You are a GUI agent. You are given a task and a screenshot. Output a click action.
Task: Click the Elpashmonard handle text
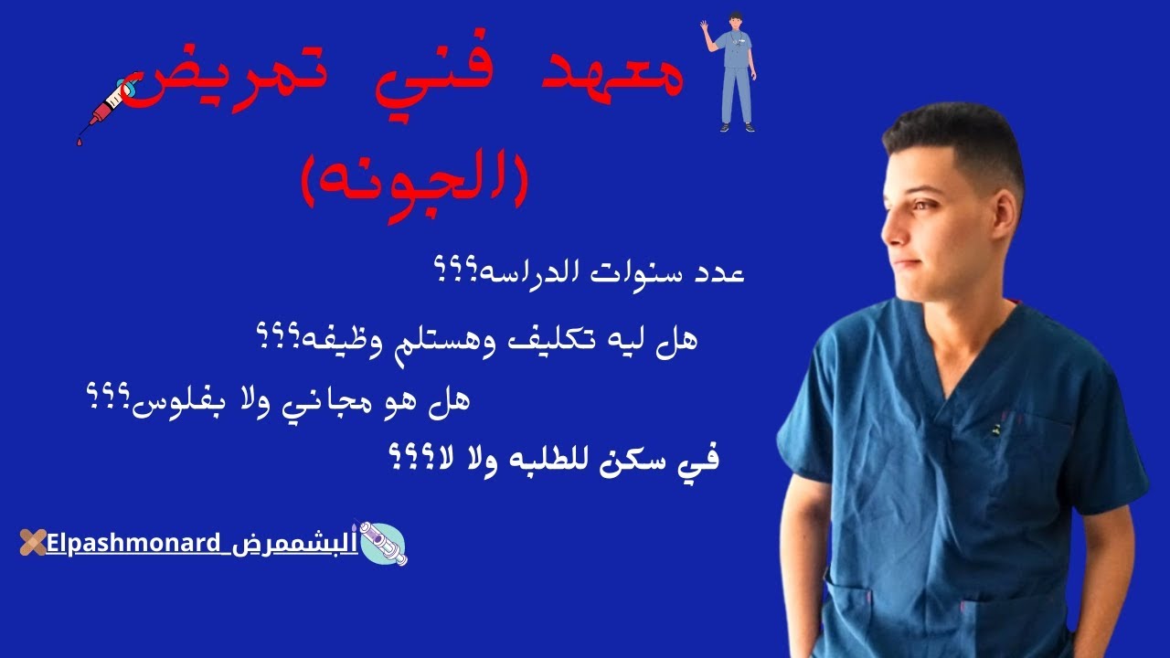[x=133, y=544]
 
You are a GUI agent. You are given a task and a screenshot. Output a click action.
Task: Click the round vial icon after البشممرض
[x=384, y=544]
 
